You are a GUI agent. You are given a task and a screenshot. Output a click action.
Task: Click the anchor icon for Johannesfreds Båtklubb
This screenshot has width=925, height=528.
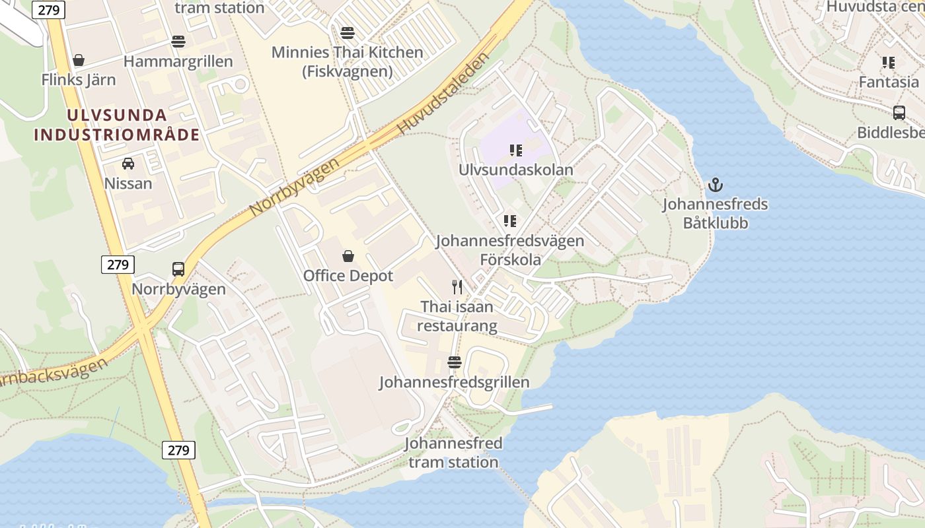click(716, 185)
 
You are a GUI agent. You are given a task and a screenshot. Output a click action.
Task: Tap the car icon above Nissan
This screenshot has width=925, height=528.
click(128, 164)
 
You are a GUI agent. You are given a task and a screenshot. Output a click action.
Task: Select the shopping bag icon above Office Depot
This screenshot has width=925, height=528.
click(348, 256)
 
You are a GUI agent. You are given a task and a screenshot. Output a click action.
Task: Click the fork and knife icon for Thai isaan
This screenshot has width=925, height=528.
click(457, 286)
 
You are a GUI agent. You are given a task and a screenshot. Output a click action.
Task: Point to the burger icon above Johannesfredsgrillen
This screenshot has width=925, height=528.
click(454, 362)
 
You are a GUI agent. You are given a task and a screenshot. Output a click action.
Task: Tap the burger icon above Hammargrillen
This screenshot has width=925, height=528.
click(178, 42)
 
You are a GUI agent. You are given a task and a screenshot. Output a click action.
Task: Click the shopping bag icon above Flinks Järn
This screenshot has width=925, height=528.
click(79, 60)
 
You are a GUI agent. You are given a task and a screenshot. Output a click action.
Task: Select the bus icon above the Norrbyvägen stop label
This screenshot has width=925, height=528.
click(178, 269)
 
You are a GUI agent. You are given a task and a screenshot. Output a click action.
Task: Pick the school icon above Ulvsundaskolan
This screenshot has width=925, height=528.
click(516, 150)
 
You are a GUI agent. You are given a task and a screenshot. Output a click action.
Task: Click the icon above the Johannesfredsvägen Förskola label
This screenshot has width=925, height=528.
click(509, 220)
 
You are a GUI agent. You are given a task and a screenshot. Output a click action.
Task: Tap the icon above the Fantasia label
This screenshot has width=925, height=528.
click(889, 63)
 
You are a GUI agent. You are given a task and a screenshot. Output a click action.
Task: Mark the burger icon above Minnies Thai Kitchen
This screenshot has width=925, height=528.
click(348, 32)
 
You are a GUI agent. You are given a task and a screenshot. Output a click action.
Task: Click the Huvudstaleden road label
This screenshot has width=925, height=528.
click(444, 93)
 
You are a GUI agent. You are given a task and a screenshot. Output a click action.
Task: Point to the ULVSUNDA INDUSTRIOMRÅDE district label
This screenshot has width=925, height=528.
click(116, 125)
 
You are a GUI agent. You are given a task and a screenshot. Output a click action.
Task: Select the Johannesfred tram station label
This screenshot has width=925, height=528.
click(453, 452)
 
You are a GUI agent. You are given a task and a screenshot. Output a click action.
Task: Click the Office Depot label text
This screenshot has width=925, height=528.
click(348, 276)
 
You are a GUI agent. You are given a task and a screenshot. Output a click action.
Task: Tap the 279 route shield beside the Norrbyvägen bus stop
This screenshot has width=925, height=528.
click(118, 265)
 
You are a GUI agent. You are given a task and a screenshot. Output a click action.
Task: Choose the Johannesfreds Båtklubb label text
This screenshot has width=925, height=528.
click(716, 213)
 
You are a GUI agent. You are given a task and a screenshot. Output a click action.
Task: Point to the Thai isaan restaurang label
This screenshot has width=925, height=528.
click(457, 316)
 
